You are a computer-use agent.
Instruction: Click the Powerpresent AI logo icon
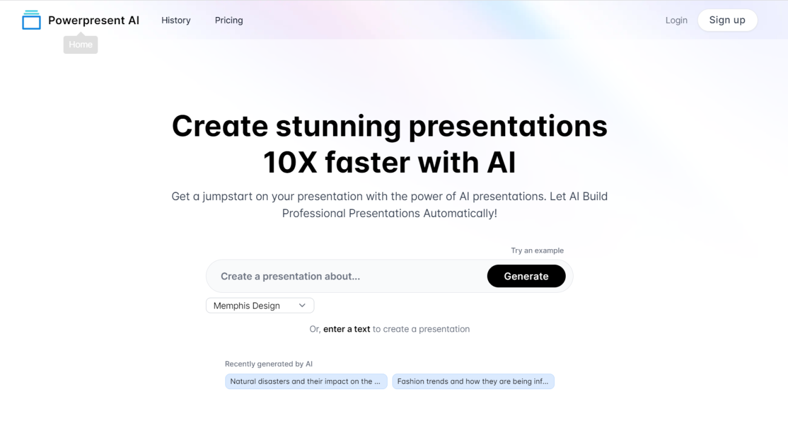tap(31, 20)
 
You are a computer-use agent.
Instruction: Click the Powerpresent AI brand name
tap(93, 20)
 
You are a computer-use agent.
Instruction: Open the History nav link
tap(176, 20)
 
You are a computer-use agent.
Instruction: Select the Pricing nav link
tap(228, 20)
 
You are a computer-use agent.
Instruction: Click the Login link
tap(676, 20)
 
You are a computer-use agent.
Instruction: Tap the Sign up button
tap(727, 20)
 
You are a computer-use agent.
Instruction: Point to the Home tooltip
tap(81, 45)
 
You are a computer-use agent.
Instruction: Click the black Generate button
tap(526, 276)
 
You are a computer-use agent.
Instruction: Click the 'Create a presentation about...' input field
tap(345, 276)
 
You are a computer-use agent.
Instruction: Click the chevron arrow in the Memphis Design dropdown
tap(302, 306)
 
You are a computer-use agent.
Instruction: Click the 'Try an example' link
tap(537, 250)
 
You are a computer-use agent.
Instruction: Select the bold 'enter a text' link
tap(346, 329)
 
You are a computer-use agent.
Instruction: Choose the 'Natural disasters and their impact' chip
tap(305, 381)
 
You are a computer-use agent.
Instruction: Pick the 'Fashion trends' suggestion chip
tap(472, 381)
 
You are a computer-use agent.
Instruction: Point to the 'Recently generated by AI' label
tap(268, 364)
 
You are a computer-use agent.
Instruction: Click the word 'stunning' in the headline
tap(338, 126)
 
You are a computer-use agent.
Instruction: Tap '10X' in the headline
tap(290, 162)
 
